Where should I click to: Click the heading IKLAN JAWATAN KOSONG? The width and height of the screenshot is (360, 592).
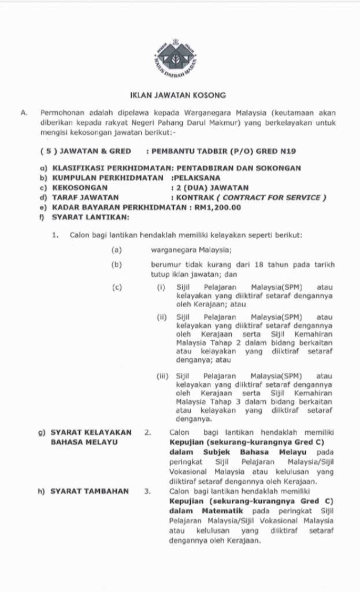(177, 94)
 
